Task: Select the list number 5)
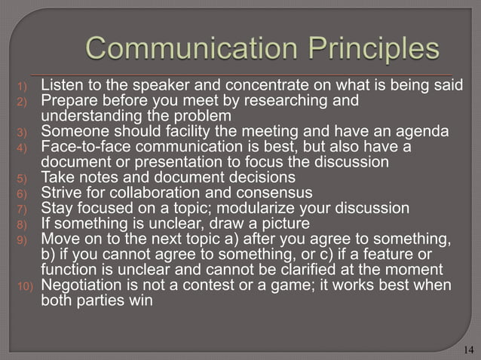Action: (x=23, y=178)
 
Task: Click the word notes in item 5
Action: (x=97, y=177)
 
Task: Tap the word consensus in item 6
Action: (x=248, y=192)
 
